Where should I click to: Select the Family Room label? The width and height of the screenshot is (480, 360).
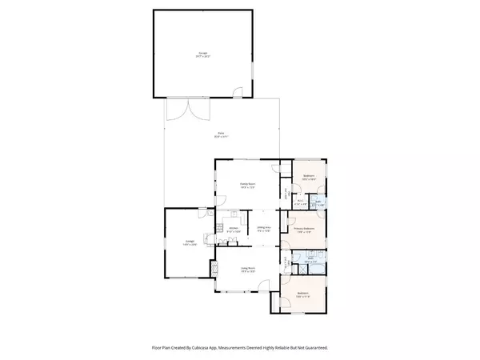point(248,185)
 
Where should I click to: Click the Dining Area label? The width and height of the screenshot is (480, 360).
point(262,229)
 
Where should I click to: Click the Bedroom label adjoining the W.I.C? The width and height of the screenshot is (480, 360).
point(308,177)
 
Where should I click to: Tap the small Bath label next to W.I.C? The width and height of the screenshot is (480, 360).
point(318,204)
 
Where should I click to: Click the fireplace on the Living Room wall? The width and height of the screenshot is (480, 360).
point(214,269)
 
